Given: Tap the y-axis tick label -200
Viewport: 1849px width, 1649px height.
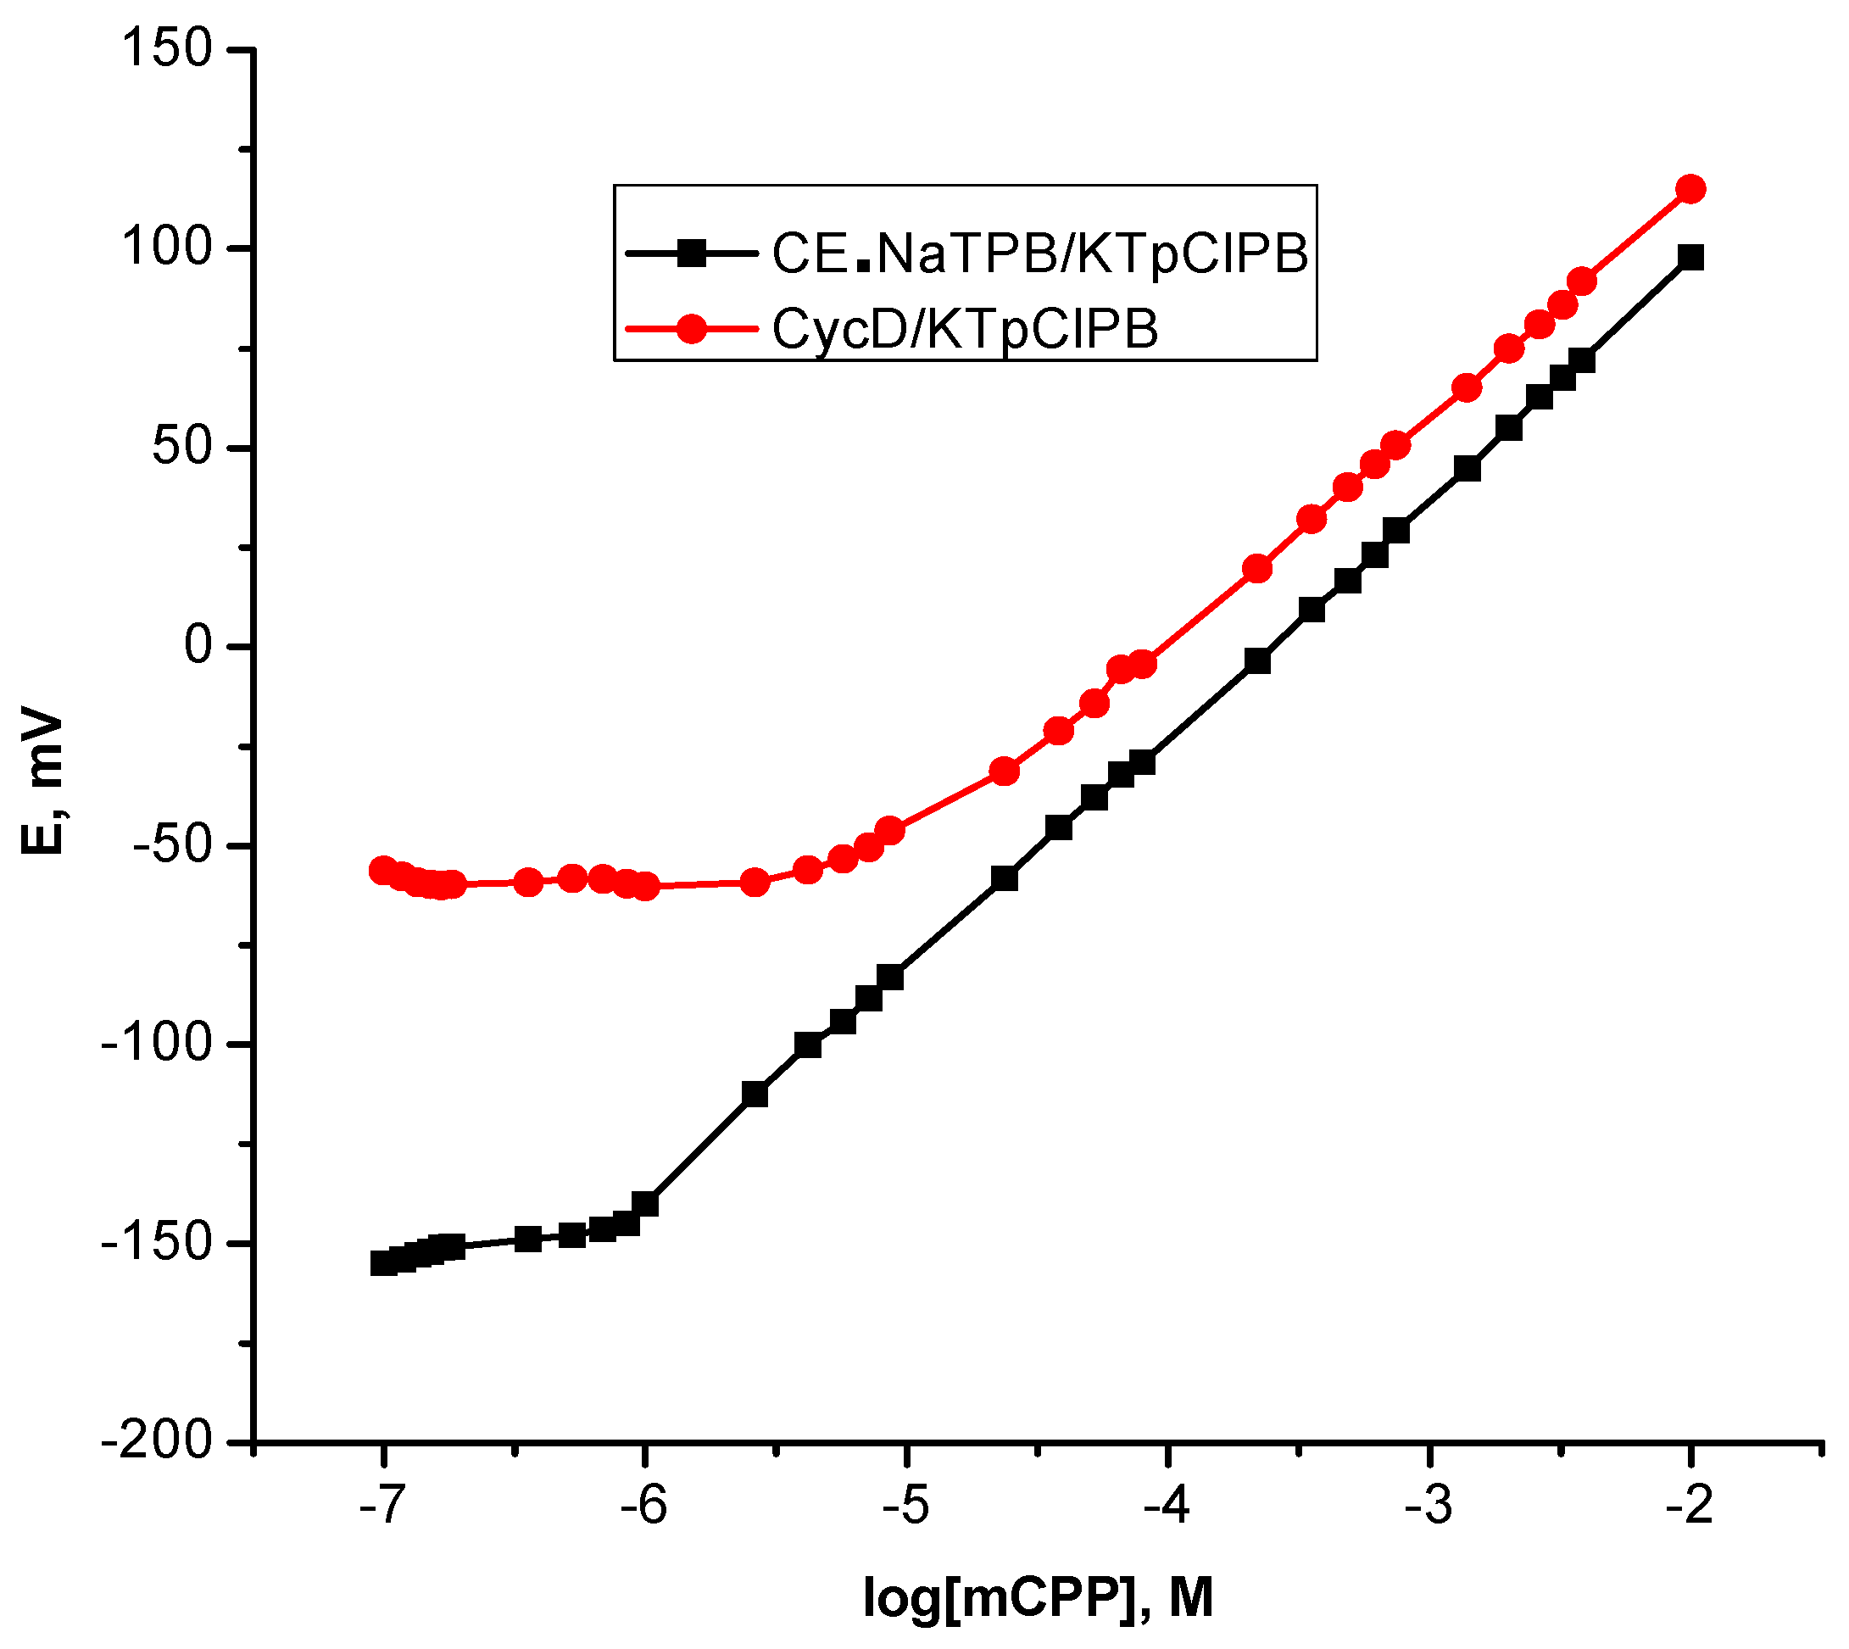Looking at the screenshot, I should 157,1441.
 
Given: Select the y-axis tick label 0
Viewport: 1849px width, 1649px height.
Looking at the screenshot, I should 198,646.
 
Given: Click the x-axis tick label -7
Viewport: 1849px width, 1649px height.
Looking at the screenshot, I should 380,1507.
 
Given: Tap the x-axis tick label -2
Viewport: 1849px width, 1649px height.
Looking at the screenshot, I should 1688,1507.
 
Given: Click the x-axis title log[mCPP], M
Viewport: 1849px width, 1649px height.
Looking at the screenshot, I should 1038,1597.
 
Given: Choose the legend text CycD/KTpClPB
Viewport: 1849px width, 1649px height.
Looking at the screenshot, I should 965,328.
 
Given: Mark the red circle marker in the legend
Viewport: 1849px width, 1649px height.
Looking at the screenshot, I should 692,329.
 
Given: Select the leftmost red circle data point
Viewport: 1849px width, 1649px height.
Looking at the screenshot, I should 383,871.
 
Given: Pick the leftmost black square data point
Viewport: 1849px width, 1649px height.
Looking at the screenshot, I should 383,1263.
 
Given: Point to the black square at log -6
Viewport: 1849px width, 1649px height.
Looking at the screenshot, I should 645,1205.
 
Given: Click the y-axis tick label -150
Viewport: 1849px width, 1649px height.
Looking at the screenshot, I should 157,1243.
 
